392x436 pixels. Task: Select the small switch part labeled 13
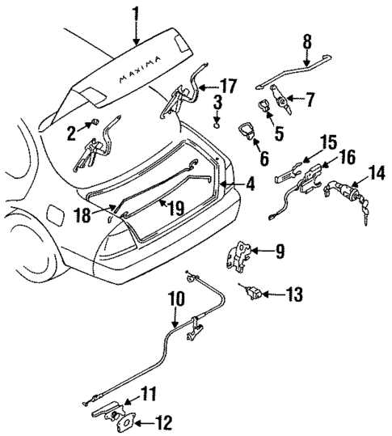(251, 291)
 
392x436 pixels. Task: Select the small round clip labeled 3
(217, 123)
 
